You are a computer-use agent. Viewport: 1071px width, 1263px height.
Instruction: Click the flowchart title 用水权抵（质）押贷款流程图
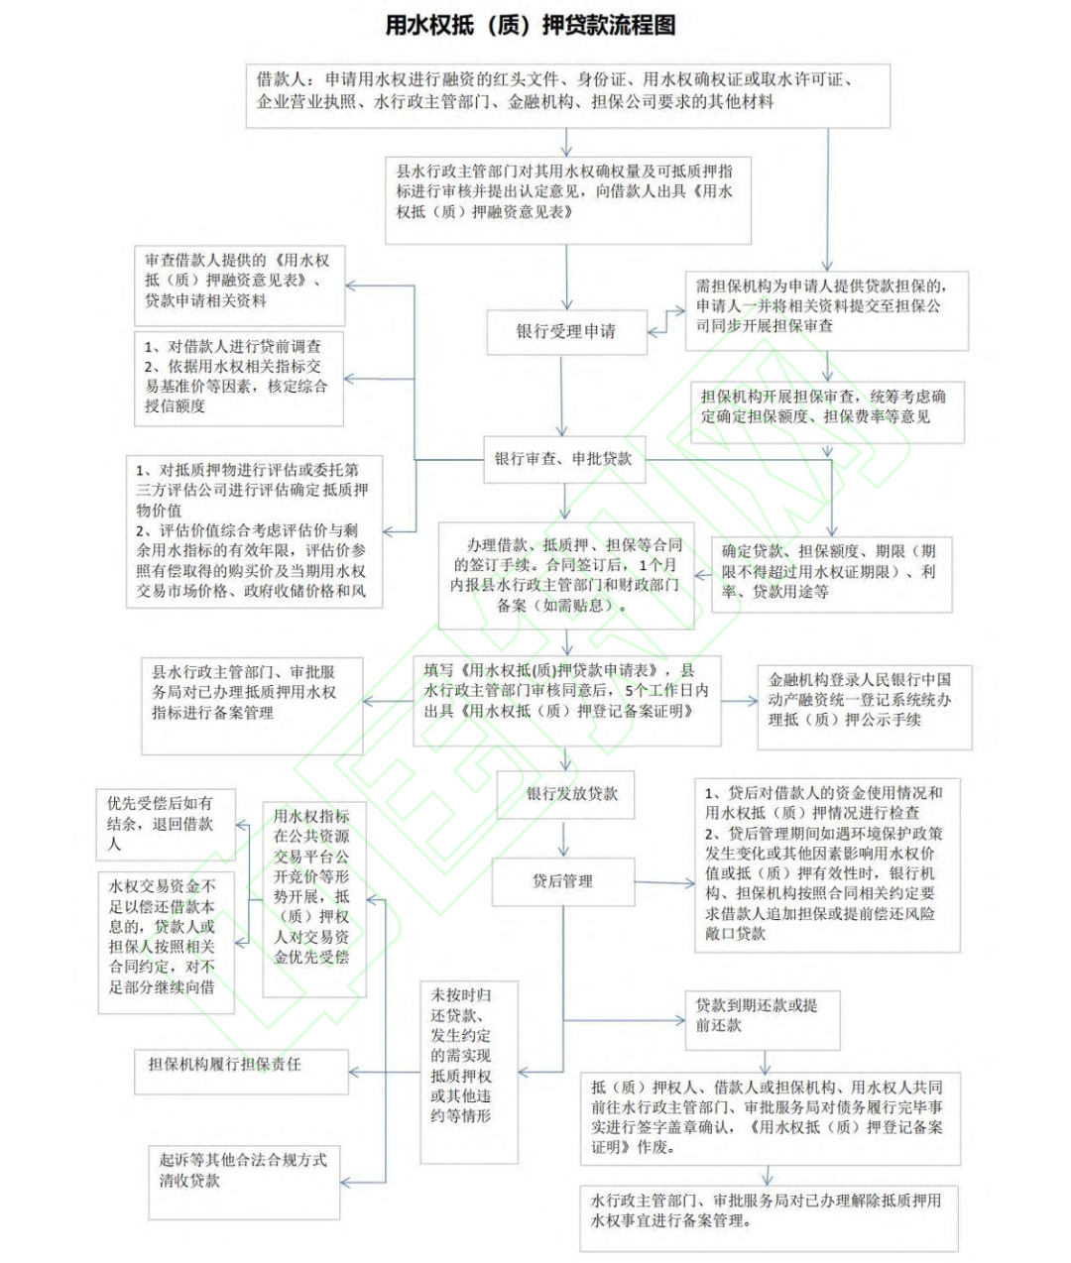pos(531,25)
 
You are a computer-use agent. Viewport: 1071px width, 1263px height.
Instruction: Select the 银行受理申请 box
pos(565,332)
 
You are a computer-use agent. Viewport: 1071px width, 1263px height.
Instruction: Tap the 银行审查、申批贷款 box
pos(563,459)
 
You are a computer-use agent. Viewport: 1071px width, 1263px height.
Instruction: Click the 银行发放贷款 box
pos(572,794)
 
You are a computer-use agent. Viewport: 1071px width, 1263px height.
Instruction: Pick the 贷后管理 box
pos(562,880)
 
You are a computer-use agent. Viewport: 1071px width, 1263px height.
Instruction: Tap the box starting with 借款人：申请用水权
pos(567,95)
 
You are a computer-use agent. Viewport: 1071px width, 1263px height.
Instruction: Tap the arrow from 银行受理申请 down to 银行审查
pos(563,395)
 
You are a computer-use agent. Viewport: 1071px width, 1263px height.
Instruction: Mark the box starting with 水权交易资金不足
pos(166,942)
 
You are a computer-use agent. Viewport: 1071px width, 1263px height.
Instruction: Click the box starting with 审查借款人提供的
pos(239,286)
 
